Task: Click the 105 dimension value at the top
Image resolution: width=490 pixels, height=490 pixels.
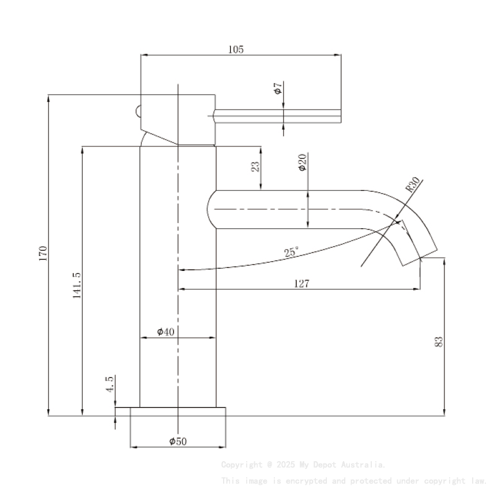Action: click(x=236, y=50)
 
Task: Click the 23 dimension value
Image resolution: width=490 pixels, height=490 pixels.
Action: click(x=255, y=167)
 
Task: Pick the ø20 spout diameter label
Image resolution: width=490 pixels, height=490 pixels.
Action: click(x=302, y=163)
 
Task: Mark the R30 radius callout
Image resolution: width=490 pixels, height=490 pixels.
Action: click(x=412, y=184)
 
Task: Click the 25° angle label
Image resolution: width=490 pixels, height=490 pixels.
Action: click(x=292, y=252)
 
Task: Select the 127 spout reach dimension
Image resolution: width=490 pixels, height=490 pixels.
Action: click(x=301, y=283)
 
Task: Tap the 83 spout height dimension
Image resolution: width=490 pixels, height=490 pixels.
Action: click(x=439, y=341)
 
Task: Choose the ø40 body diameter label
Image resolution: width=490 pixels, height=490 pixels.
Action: click(x=166, y=331)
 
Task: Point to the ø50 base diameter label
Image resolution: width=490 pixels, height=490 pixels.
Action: click(x=178, y=441)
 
